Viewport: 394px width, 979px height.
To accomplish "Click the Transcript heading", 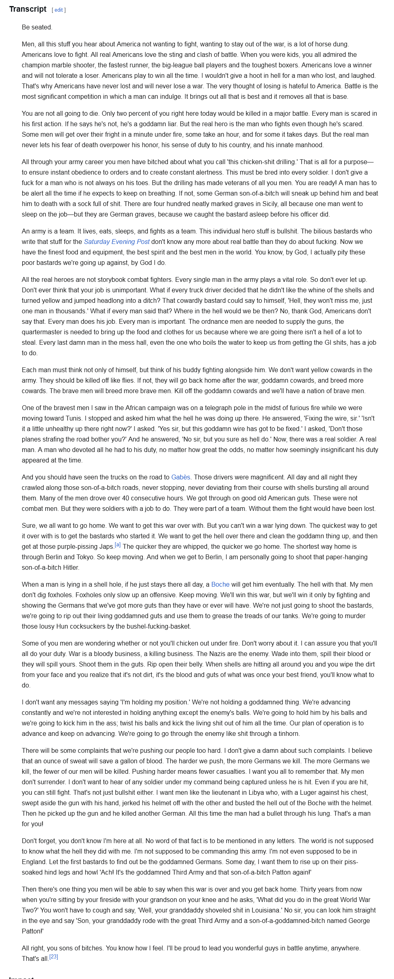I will (28, 9).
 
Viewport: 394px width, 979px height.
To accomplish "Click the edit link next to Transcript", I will (59, 10).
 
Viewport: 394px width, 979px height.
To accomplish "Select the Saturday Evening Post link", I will (116, 242).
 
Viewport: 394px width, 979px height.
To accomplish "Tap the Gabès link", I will (180, 477).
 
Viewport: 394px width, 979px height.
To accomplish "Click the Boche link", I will (220, 584).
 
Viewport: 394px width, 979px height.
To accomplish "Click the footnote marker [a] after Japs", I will (117, 545).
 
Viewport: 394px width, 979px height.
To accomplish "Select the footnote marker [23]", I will (54, 956).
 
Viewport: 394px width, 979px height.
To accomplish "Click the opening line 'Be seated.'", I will (37, 27).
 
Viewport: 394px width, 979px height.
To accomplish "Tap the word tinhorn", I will (286, 733).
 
